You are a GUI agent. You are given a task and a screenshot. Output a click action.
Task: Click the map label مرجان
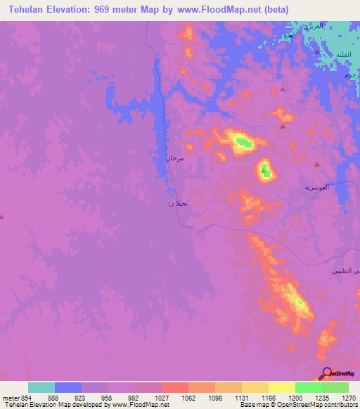(174, 159)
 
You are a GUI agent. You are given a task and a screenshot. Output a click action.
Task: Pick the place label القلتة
(344, 54)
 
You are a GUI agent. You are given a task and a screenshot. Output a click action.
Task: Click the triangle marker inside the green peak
(264, 169)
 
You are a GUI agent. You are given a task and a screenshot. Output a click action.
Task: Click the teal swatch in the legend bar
(41, 387)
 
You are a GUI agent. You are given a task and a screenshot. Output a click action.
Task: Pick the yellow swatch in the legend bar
(281, 387)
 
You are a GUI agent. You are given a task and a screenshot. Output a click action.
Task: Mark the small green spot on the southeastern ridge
(301, 304)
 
